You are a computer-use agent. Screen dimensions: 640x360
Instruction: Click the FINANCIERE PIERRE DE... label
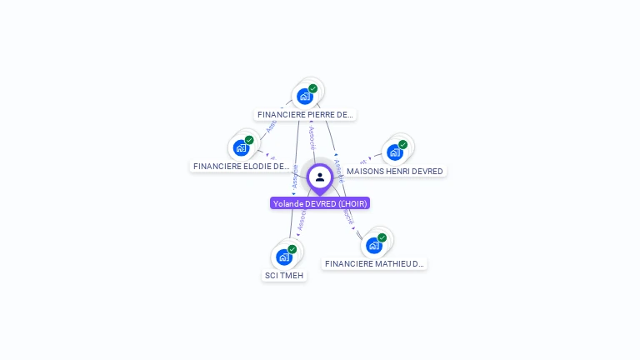[305, 115]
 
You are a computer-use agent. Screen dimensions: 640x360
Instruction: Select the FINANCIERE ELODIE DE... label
[241, 167]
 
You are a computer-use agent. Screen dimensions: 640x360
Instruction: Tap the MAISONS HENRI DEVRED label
[394, 172]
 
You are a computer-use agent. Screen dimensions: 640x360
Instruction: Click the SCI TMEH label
[284, 276]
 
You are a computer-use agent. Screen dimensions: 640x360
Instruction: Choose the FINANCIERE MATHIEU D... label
[374, 264]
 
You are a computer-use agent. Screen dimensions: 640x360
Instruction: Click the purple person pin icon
[319, 177]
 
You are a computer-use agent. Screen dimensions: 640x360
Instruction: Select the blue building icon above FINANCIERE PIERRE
[305, 97]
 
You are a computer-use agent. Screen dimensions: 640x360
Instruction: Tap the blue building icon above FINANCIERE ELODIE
[241, 148]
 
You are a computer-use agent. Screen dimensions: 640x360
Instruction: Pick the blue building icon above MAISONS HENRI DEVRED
[394, 152]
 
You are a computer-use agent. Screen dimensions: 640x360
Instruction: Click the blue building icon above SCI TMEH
[284, 257]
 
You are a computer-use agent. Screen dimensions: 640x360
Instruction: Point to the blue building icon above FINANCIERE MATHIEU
[373, 245]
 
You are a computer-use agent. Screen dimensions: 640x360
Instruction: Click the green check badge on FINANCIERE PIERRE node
[313, 88]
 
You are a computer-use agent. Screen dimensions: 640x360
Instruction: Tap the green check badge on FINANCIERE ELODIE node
[249, 140]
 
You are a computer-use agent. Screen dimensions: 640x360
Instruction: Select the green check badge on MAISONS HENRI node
[402, 144]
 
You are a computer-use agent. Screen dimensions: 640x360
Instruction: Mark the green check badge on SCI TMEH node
[292, 248]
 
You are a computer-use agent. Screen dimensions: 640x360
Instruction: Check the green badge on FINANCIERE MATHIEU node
[382, 237]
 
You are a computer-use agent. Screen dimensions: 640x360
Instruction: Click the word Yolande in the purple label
[288, 203]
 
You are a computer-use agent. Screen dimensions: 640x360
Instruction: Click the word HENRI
[397, 172]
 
